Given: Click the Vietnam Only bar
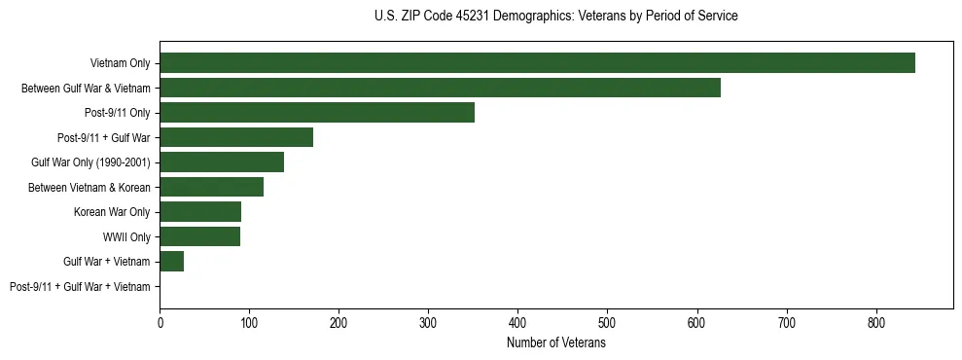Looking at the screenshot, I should click(x=537, y=63).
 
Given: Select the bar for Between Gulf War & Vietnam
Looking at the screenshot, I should click(x=440, y=88).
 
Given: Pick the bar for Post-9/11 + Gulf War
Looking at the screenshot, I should click(x=236, y=137).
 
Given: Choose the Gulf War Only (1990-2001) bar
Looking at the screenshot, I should click(x=222, y=162).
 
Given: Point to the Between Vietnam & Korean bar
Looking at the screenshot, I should click(x=211, y=187).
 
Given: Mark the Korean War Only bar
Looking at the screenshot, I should click(x=200, y=212).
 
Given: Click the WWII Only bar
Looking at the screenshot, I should click(x=199, y=236).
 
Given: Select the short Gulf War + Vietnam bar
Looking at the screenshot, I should click(x=172, y=262).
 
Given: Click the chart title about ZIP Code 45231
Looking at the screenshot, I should click(x=555, y=17).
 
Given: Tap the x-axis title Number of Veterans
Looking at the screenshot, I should click(x=556, y=343).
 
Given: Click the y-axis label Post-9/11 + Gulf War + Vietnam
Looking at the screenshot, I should click(x=80, y=287).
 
